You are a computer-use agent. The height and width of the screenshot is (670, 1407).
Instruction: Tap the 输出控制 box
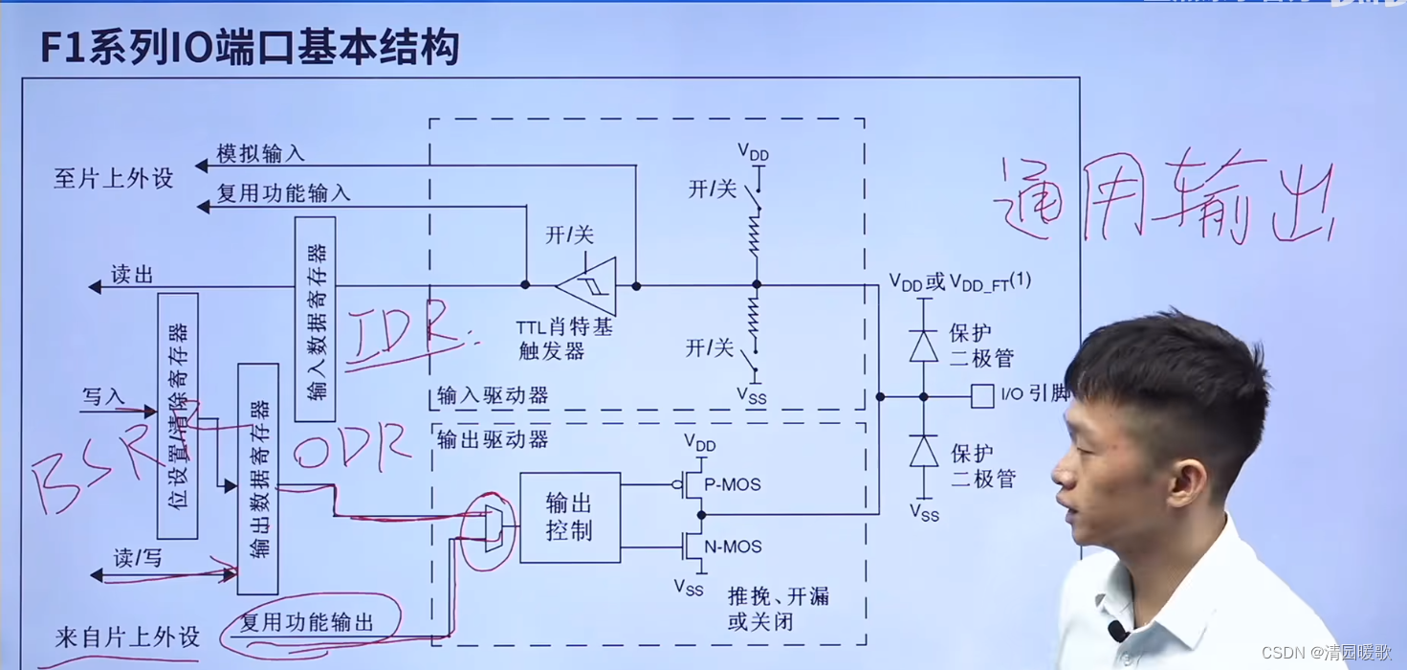click(x=569, y=517)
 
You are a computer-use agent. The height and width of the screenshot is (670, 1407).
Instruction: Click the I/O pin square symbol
click(x=981, y=396)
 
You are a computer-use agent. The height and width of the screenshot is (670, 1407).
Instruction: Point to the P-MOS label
click(x=732, y=485)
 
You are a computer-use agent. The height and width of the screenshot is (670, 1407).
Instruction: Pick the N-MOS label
click(x=733, y=547)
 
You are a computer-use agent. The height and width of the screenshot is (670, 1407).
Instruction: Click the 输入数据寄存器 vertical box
click(x=315, y=319)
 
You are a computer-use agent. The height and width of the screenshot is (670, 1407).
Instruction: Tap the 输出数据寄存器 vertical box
click(x=257, y=479)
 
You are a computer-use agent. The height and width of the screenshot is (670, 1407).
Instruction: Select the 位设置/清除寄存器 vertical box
click(x=178, y=415)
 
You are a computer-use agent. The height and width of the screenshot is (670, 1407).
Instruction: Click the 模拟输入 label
click(x=260, y=153)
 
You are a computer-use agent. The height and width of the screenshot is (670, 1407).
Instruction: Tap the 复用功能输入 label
click(x=283, y=193)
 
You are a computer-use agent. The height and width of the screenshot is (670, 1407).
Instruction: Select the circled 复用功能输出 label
click(x=306, y=623)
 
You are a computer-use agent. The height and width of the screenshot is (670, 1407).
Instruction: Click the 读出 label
click(x=132, y=276)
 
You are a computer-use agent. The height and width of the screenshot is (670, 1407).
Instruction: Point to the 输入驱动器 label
click(x=493, y=395)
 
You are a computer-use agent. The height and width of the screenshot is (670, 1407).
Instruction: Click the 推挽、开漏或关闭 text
click(x=778, y=609)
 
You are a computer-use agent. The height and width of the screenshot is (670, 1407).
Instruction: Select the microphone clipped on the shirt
click(x=1115, y=631)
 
